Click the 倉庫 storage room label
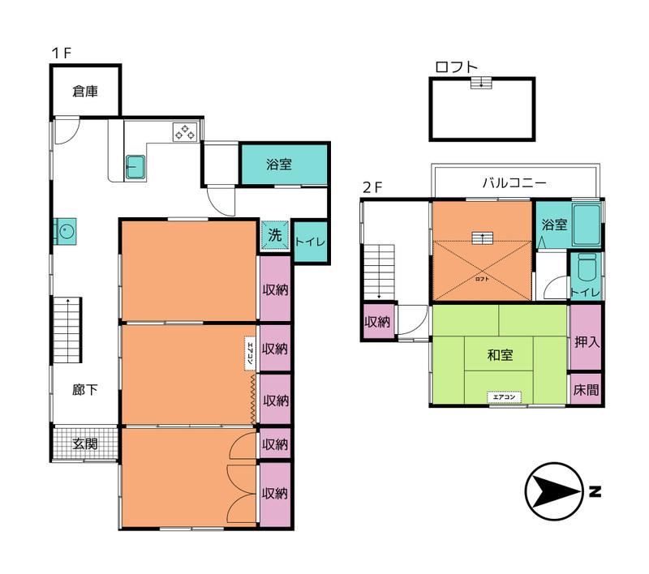point(85,92)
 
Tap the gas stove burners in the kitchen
point(183,131)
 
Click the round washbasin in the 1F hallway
point(64,232)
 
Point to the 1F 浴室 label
point(279,165)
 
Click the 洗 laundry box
point(274,236)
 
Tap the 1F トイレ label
point(310,242)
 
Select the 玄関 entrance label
point(85,443)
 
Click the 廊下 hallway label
point(85,390)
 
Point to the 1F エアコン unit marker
point(251,353)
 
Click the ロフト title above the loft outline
point(456,67)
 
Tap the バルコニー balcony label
point(514,182)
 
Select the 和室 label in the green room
point(500,354)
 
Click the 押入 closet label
point(586,341)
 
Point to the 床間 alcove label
point(586,389)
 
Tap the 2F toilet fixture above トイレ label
point(586,268)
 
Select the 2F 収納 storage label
point(377,322)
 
